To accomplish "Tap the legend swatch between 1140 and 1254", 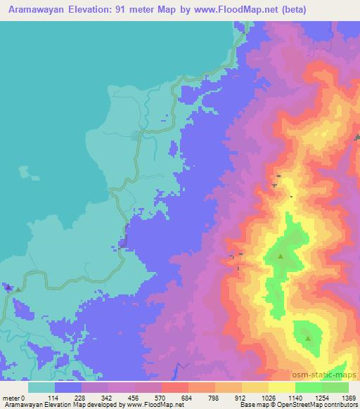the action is (x=309, y=387).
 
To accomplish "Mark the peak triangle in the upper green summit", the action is (x=281, y=257).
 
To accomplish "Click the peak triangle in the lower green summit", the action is (x=308, y=338).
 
